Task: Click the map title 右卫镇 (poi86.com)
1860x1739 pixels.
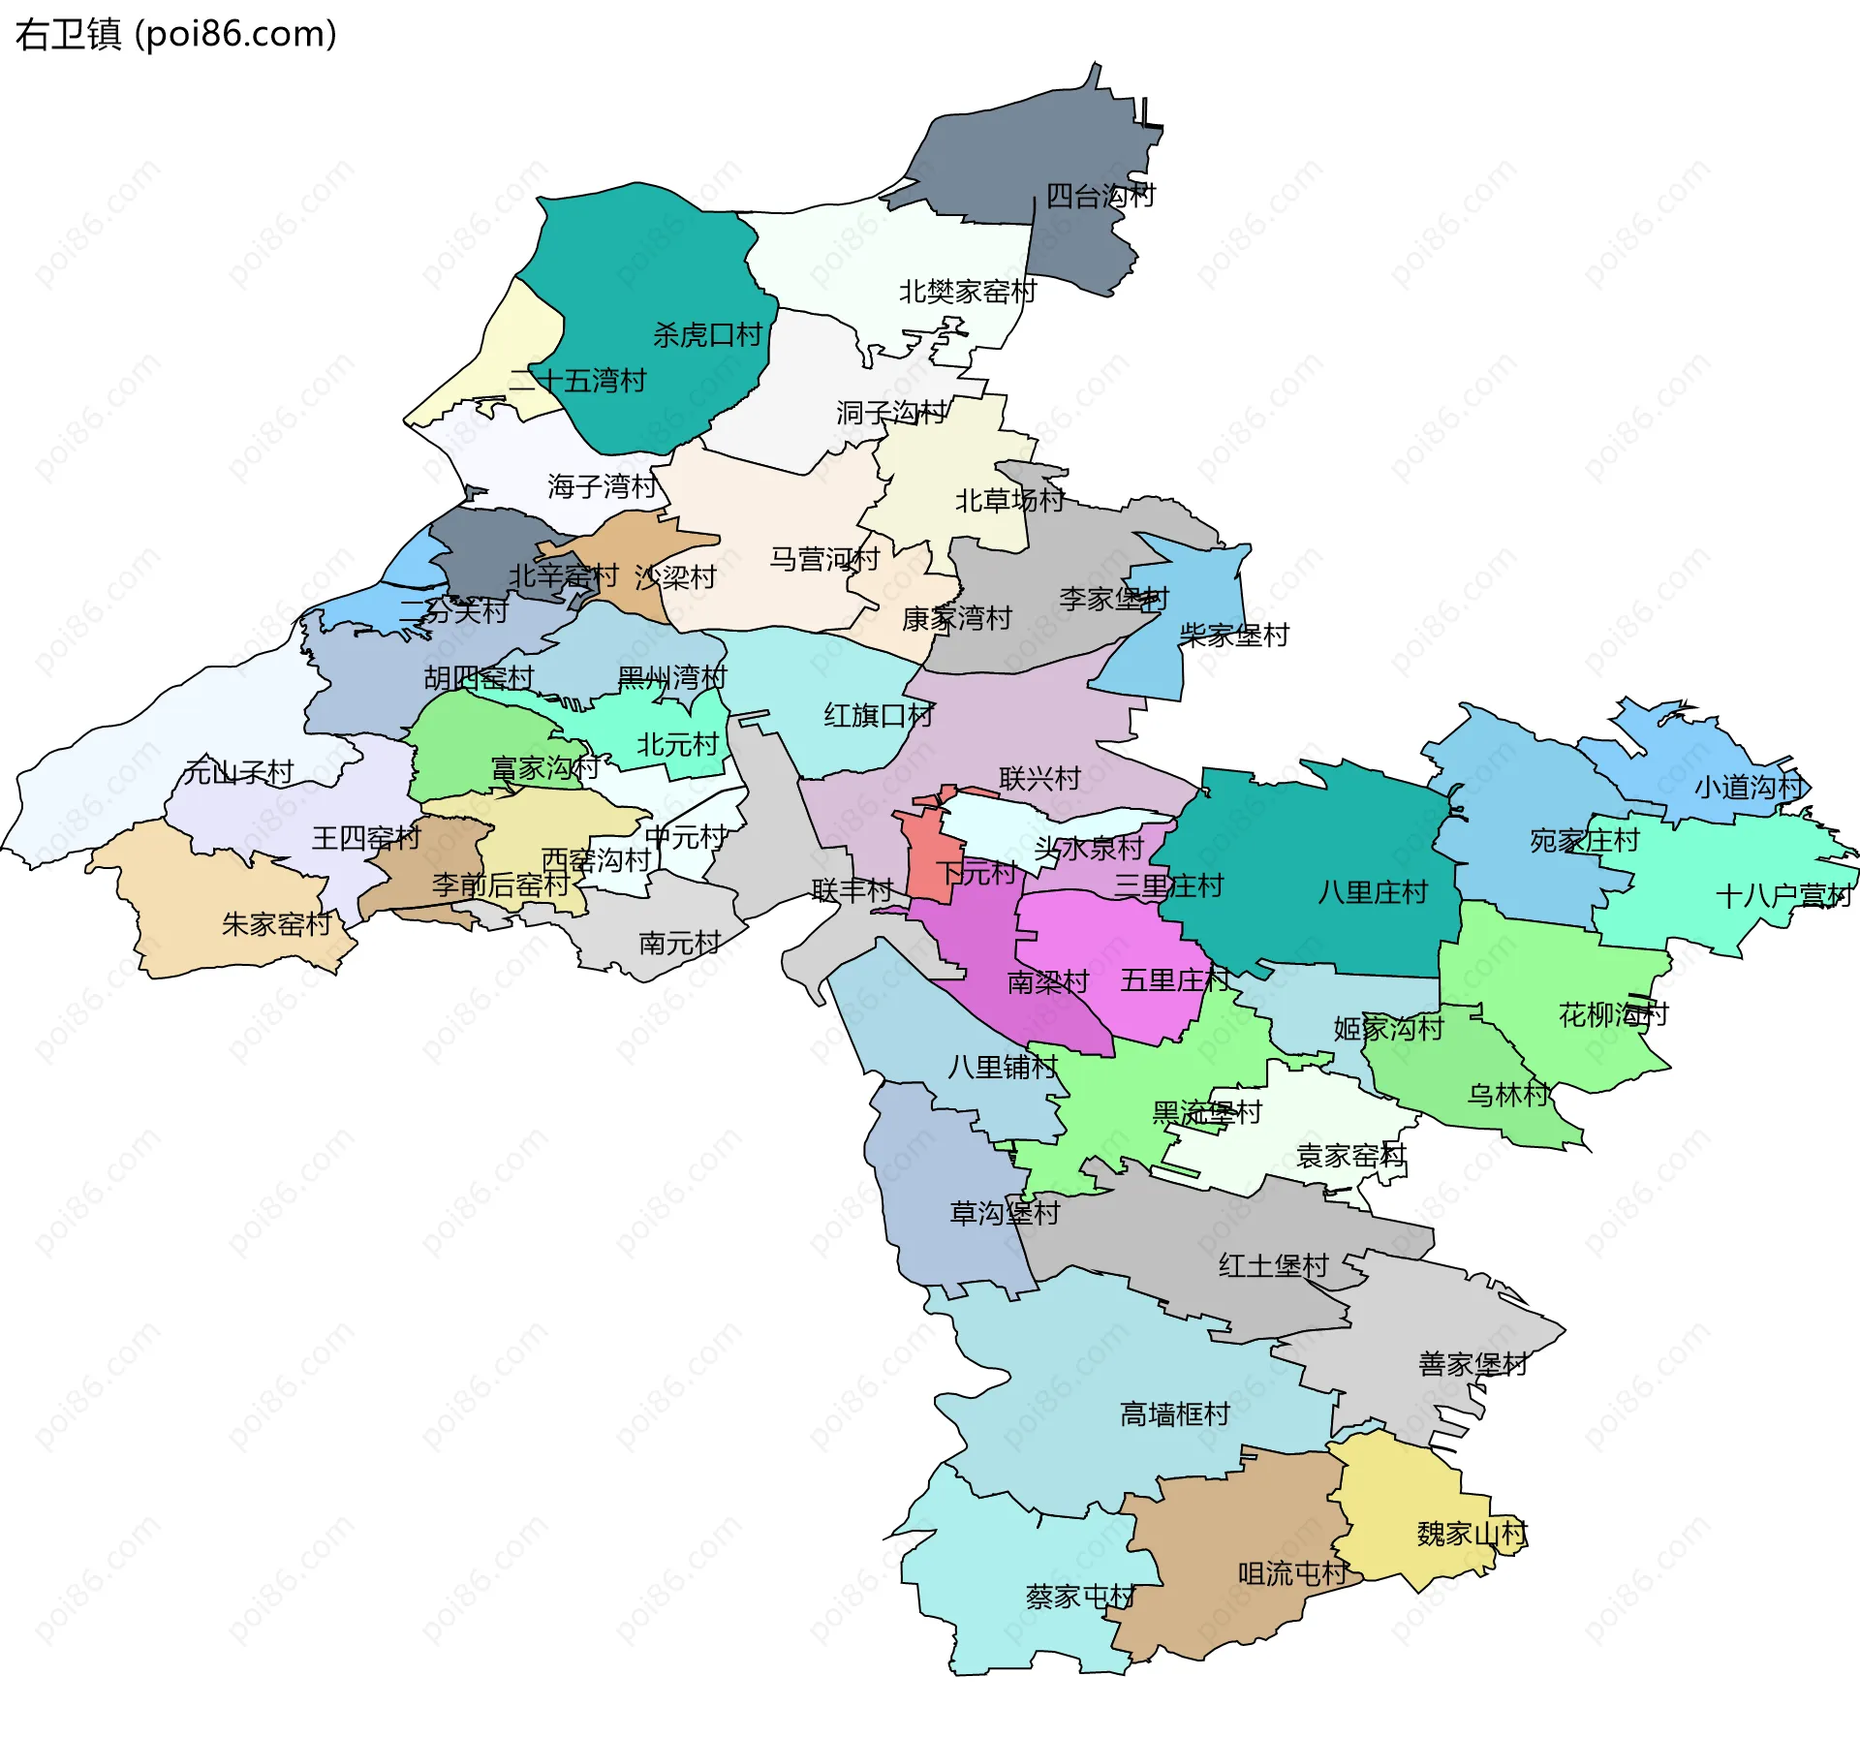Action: coord(175,35)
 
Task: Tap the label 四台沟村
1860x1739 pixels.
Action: coord(1100,197)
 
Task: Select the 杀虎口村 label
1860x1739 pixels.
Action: coord(707,335)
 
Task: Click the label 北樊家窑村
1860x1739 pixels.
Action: coord(968,292)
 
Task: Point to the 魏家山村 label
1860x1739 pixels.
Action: coord(1472,1534)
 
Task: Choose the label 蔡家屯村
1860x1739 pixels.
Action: coord(1080,1597)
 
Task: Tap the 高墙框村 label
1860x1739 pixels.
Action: coord(1174,1414)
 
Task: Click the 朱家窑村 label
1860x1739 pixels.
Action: coord(277,924)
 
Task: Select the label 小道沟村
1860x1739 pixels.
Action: coord(1749,787)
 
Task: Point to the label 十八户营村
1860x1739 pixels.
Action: coord(1783,895)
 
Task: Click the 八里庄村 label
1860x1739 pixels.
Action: coord(1373,892)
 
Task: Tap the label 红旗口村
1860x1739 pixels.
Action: coord(879,716)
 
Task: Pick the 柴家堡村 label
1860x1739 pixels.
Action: coord(1234,636)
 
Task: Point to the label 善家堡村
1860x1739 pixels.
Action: coord(1472,1364)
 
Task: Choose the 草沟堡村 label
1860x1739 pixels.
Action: coord(1005,1213)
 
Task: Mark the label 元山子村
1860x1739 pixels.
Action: coord(238,772)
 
